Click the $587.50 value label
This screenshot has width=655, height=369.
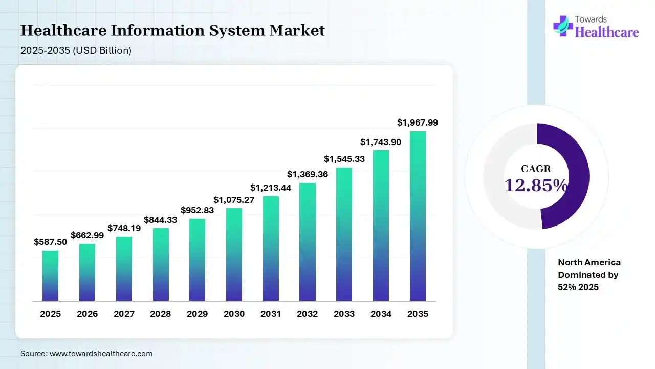click(50, 242)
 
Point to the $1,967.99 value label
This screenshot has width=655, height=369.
click(418, 122)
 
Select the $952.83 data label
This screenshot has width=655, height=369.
click(197, 210)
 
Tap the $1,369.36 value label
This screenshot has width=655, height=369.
click(307, 174)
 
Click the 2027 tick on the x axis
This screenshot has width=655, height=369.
click(123, 314)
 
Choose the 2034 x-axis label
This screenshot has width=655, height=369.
click(381, 314)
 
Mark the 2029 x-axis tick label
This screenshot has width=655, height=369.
click(197, 314)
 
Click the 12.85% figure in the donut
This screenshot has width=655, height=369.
click(536, 185)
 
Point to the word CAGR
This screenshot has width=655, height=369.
click(536, 169)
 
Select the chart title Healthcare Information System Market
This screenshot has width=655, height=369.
click(172, 31)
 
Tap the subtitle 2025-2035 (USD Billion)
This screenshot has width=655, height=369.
click(76, 50)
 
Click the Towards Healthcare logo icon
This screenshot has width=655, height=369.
click(563, 26)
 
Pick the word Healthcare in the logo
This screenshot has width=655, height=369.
click(607, 32)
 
